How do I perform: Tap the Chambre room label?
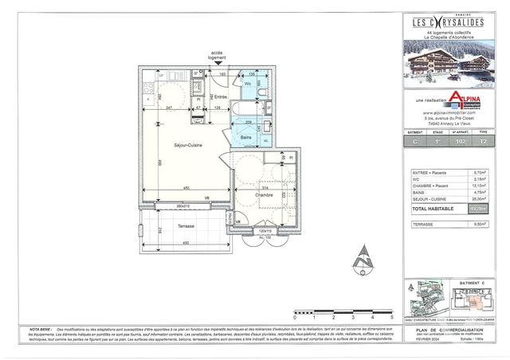(264, 194)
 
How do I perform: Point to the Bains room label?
(247, 138)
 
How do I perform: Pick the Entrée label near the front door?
(221, 96)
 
